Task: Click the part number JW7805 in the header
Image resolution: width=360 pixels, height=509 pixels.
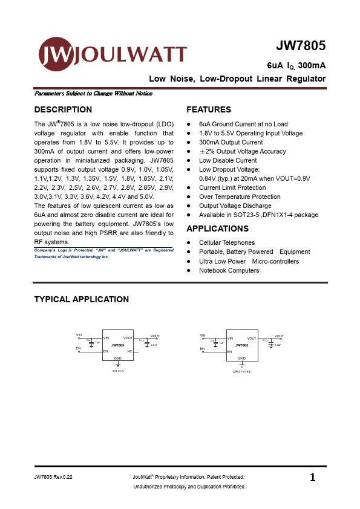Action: [x=301, y=47]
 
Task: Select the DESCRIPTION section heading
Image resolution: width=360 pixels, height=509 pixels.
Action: [x=63, y=109]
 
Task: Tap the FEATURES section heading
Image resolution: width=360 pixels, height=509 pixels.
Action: [x=209, y=109]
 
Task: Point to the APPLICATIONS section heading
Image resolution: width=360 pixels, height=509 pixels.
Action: [x=217, y=229]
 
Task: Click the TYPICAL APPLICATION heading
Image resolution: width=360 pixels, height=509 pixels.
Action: [x=81, y=299]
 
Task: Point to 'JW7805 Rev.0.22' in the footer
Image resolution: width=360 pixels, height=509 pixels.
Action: [x=57, y=478]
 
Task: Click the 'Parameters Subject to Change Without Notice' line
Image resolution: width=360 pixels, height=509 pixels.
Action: [x=93, y=94]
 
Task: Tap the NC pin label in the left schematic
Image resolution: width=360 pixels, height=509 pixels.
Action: [x=129, y=351]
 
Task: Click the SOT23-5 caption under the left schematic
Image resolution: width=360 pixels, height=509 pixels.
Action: [x=118, y=371]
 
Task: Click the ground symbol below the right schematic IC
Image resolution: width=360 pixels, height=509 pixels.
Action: [x=242, y=364]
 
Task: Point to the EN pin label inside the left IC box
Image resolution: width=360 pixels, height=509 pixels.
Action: [x=106, y=351]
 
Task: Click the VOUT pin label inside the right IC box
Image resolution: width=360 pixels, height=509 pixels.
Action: [x=251, y=338]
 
